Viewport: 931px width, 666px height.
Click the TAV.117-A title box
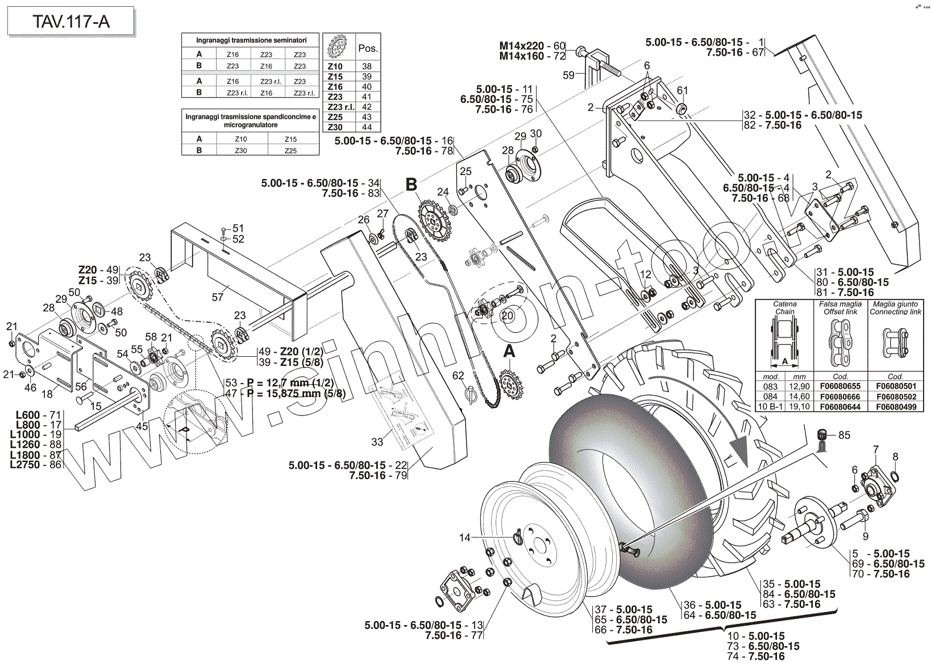coord(70,22)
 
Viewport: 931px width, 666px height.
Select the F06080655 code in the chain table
coord(840,386)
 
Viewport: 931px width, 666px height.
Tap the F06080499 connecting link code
coord(896,407)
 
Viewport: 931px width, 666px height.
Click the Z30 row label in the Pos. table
coord(335,128)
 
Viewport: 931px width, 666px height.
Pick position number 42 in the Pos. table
coord(366,107)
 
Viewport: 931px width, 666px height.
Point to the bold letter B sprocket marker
coord(411,184)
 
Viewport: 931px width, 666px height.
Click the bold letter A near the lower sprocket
coord(509,352)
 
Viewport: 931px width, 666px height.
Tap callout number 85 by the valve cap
coord(844,435)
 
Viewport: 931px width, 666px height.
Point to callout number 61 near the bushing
coord(683,90)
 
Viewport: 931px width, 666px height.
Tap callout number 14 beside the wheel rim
coord(465,538)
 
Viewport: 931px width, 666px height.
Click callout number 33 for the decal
coord(377,442)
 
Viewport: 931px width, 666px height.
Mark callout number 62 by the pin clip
coord(458,376)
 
